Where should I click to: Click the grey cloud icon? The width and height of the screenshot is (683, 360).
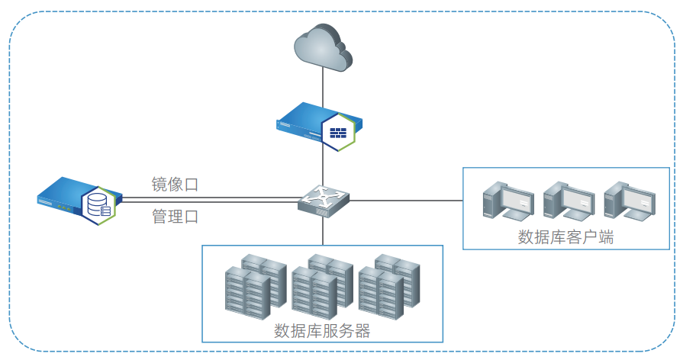click(x=324, y=47)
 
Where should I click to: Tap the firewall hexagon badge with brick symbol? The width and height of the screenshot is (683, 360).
click(x=338, y=132)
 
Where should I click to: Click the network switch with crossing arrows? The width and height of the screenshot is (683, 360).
click(x=324, y=200)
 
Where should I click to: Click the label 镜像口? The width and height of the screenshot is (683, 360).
click(x=175, y=185)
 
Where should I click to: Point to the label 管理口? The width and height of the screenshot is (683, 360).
click(x=175, y=217)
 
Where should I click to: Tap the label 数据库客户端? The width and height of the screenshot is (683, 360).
click(x=566, y=237)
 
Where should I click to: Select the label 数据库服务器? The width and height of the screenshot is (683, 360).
click(x=322, y=331)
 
